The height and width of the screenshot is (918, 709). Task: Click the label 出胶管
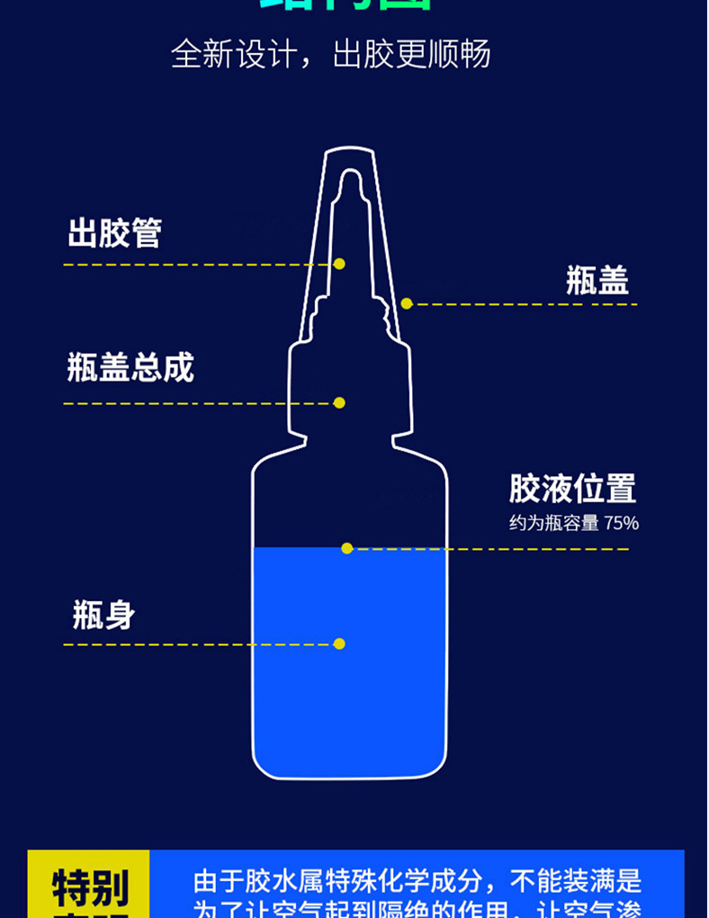tap(114, 233)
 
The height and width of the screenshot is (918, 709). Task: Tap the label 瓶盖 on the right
tap(597, 281)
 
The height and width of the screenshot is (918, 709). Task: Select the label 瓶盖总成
tap(130, 368)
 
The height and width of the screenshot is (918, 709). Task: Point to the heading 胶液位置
tap(572, 489)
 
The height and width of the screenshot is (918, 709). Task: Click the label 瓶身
tap(103, 616)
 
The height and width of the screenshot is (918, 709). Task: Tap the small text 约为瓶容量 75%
tap(573, 523)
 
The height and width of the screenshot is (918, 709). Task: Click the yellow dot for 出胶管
tap(339, 264)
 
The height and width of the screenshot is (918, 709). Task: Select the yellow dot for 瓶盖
tap(407, 304)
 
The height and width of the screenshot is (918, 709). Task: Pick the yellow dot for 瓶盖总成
tap(339, 402)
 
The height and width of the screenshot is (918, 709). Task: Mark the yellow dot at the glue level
tap(346, 548)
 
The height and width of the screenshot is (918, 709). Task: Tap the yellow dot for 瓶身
tap(339, 643)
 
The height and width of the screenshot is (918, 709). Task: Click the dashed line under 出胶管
tap(198, 265)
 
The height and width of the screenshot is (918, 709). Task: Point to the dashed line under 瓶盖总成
tap(198, 403)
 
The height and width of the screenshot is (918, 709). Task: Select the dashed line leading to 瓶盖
tap(522, 304)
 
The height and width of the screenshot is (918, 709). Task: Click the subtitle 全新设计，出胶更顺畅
tap(331, 54)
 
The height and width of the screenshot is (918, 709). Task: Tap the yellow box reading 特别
tap(89, 886)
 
